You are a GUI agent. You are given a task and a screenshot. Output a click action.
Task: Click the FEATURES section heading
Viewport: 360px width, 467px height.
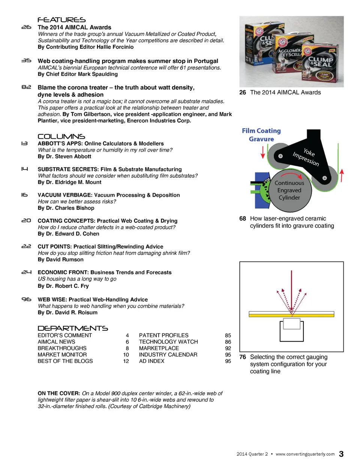click(61, 20)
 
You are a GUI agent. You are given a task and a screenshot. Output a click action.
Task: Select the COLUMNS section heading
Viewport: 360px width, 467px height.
click(61, 137)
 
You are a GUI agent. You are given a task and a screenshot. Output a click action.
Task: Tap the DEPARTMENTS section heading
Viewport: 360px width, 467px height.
click(73, 328)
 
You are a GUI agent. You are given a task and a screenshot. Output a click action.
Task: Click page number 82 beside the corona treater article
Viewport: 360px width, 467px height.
click(26, 87)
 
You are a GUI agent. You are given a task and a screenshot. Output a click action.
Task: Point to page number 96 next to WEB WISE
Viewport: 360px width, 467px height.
click(26, 299)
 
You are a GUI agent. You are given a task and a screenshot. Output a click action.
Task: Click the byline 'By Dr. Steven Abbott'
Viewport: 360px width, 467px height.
click(64, 156)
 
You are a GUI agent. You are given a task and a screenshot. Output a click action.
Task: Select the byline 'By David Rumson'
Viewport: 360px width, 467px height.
click(61, 260)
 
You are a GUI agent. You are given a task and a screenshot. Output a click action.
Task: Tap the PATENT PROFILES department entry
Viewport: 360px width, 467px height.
click(163, 335)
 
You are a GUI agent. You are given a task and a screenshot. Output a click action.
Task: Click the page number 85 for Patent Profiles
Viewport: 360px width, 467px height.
click(228, 335)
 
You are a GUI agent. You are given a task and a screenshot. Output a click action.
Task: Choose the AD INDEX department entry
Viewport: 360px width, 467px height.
click(151, 361)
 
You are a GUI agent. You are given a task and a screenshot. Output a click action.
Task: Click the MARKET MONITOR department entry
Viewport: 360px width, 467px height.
click(62, 355)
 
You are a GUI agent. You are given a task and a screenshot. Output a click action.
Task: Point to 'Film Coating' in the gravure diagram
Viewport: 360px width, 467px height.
click(261, 131)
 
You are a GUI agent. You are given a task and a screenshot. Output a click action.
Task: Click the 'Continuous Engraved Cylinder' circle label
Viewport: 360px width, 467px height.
click(289, 191)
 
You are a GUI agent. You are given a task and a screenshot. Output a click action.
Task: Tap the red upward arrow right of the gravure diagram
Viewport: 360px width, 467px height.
click(342, 175)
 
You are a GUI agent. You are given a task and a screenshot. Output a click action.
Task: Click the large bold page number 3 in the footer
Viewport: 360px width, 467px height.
click(341, 454)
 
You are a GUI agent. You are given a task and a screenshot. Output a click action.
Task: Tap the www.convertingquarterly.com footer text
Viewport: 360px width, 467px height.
click(305, 454)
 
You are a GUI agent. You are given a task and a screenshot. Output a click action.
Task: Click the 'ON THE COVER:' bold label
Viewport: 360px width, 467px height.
click(59, 393)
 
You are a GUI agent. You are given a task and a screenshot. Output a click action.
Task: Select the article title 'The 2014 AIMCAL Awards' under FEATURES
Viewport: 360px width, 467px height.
click(74, 27)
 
